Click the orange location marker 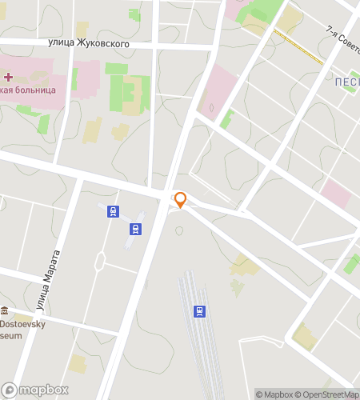pyautogui.click(x=181, y=199)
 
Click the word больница pyautogui.click(x=30, y=90)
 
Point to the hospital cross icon pyautogui.click(x=8, y=77)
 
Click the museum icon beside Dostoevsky pyautogui.click(x=5, y=310)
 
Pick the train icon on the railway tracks pyautogui.click(x=199, y=310)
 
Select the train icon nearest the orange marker pyautogui.click(x=136, y=230)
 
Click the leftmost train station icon pyautogui.click(x=114, y=212)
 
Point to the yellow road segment pyautogui.click(x=298, y=47)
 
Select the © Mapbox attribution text pyautogui.click(x=274, y=394)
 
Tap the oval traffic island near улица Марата pyautogui.click(x=101, y=260)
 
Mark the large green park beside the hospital pyautogui.click(x=128, y=94)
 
